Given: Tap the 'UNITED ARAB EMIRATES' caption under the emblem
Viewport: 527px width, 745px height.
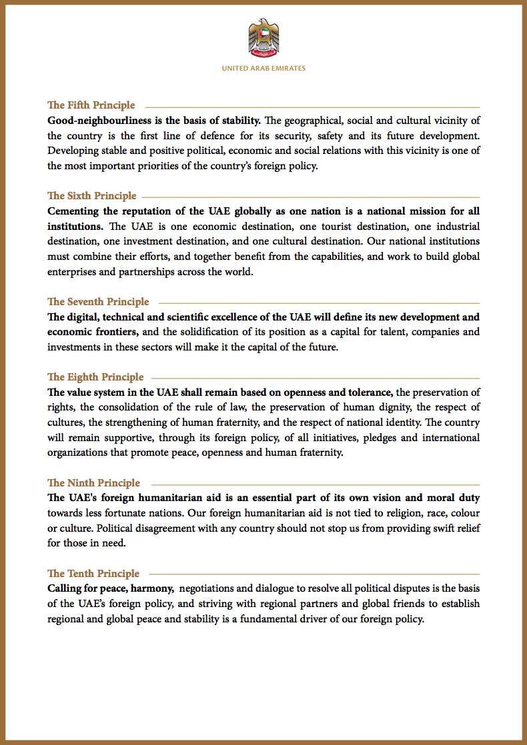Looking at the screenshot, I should [x=263, y=68].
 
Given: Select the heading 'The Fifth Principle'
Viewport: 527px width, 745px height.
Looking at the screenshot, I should [x=91, y=105].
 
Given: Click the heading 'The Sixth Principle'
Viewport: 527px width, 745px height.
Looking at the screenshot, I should [x=92, y=196].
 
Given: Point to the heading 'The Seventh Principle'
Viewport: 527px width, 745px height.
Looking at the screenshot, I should [x=98, y=302].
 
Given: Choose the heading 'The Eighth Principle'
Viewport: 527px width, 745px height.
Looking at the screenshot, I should [x=95, y=377].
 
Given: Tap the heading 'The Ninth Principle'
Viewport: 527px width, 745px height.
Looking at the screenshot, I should [x=93, y=483].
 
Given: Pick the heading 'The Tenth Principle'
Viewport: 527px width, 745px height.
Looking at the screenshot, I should [x=93, y=574].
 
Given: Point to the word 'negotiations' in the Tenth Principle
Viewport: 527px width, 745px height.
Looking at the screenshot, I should [x=209, y=589].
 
